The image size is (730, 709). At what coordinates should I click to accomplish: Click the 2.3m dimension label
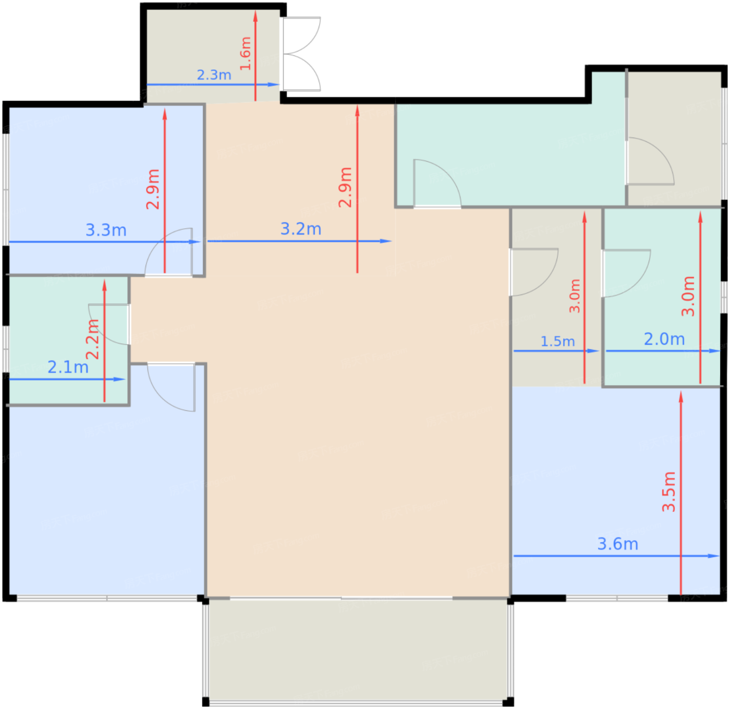coord(214,75)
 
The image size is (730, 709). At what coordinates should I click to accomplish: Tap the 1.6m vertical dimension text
coord(246,53)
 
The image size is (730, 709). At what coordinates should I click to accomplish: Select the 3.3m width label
coord(106,230)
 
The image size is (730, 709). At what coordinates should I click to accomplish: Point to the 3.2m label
coord(301,229)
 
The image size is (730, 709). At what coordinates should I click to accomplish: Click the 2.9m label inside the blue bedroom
coord(153,189)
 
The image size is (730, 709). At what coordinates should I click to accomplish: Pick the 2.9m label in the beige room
coord(345,187)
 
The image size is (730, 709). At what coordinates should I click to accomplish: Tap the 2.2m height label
coord(92,339)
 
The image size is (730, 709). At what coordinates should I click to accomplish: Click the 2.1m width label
coord(68,367)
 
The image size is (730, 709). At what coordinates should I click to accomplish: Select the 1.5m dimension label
coord(557,341)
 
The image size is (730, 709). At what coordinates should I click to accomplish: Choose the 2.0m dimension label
coord(664,339)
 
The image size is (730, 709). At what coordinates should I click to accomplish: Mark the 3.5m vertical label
coord(669,492)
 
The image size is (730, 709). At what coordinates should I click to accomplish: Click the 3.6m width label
coord(618,544)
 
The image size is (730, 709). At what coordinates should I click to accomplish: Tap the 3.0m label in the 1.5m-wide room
coord(575,296)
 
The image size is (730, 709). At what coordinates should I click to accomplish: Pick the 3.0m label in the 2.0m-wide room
coord(688,296)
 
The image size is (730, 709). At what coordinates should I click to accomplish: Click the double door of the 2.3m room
coord(301,54)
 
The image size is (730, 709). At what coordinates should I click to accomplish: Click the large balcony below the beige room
coord(359,650)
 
